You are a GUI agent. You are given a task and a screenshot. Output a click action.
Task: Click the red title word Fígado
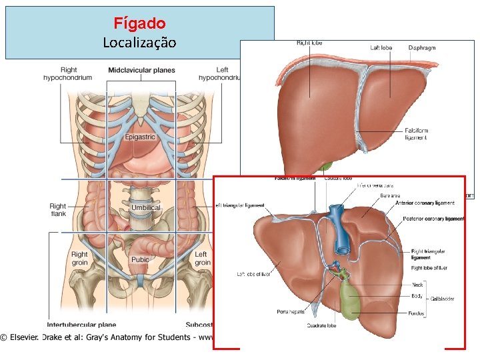(x=139, y=23)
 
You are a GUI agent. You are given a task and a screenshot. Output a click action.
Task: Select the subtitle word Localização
(x=139, y=43)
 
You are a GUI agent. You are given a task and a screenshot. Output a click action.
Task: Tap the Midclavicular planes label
(x=141, y=70)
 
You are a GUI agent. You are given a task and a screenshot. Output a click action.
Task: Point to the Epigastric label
(x=140, y=137)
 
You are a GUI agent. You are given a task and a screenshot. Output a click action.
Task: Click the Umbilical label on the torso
(x=145, y=208)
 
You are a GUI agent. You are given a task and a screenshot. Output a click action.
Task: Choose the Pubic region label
(x=140, y=260)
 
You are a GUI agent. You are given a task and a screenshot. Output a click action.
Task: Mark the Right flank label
(x=58, y=211)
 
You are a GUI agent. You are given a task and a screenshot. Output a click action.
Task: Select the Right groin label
(x=79, y=258)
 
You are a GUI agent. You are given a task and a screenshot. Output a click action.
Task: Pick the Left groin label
(x=201, y=258)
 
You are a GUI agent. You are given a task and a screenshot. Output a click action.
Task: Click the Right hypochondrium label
(x=68, y=73)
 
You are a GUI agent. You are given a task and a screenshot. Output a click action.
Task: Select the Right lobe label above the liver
(x=309, y=43)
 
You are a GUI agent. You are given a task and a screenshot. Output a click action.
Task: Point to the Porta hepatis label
(x=291, y=311)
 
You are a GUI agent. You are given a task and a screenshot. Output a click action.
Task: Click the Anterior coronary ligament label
(x=425, y=203)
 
